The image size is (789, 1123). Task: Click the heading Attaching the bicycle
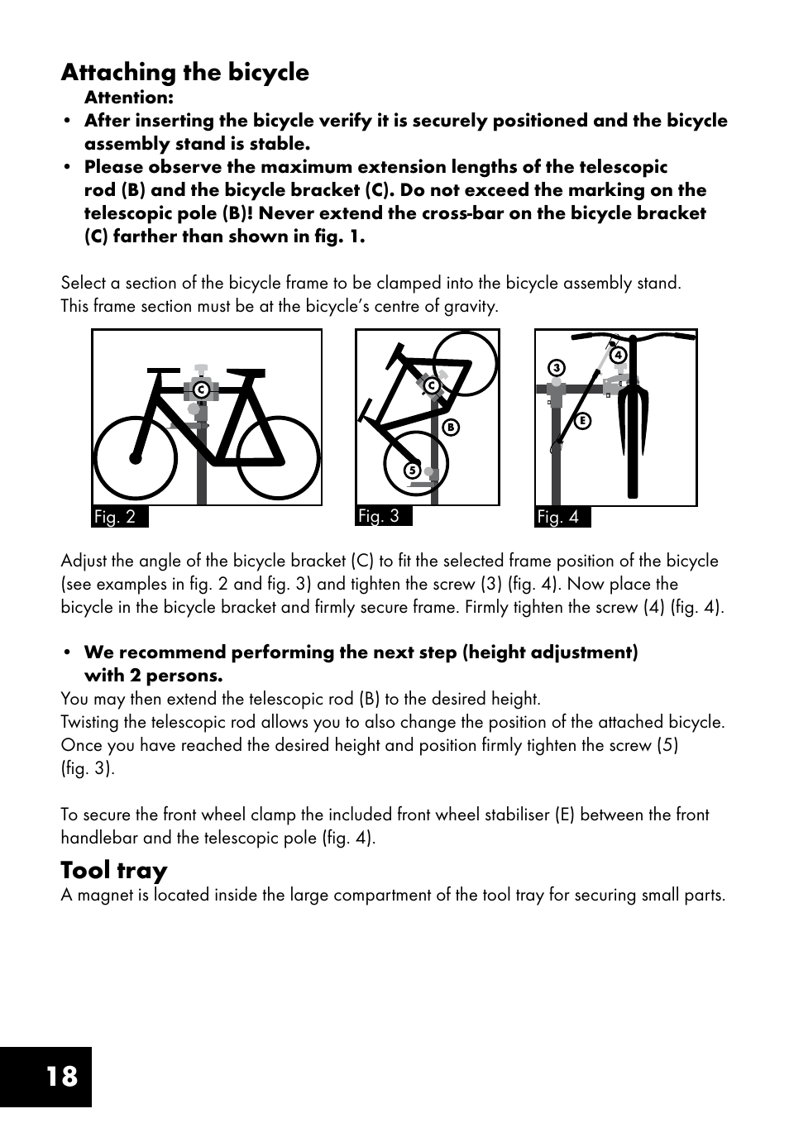point(184,73)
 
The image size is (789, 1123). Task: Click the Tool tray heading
point(113,870)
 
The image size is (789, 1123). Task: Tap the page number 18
point(61,1076)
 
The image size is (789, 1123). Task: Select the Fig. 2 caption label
point(115,517)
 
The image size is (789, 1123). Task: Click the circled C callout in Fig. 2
point(199,389)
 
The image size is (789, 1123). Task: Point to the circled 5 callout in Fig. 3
point(410,471)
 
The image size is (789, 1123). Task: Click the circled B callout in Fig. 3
point(451,428)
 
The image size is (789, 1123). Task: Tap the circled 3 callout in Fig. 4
point(557,368)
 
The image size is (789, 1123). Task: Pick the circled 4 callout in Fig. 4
point(617,356)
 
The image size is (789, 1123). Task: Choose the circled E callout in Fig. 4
point(582,421)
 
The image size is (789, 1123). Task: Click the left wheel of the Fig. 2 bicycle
point(135,458)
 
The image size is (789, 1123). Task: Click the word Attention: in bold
point(128,98)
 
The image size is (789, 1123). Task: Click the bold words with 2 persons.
point(153,675)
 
